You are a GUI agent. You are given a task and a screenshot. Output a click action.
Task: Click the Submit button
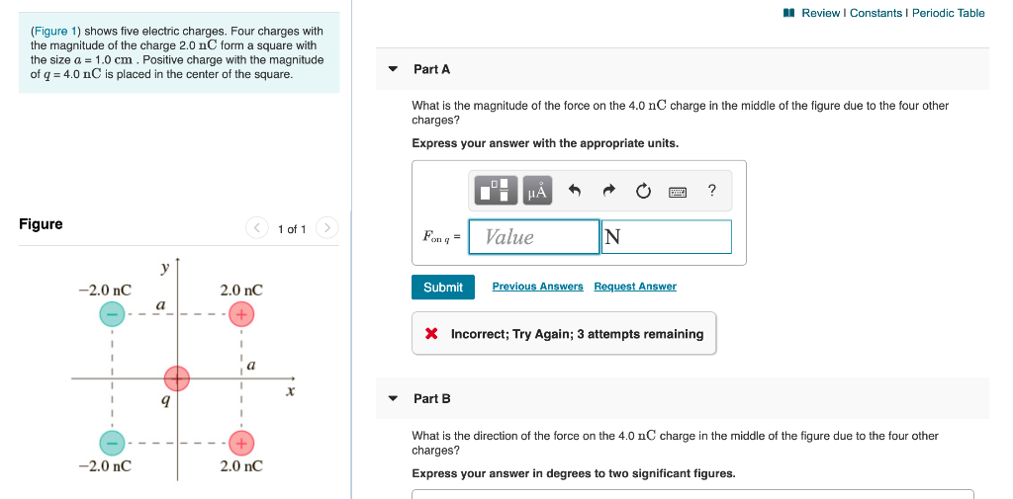442,287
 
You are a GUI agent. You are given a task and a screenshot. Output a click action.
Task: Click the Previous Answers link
537,287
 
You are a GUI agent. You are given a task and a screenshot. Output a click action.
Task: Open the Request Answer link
635,287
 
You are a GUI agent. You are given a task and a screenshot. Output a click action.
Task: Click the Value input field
534,237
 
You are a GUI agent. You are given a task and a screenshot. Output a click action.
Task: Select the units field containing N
666,237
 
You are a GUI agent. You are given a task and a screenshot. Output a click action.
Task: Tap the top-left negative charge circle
112,314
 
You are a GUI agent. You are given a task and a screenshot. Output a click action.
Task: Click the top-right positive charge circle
241,314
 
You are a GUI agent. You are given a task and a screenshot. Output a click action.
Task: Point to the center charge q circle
177,378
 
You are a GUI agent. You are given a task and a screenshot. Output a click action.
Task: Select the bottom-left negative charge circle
112,442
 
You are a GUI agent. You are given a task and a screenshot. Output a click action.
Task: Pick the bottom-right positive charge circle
241,442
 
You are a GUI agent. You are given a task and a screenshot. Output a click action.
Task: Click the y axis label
165,268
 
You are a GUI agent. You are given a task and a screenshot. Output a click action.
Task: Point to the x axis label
290,391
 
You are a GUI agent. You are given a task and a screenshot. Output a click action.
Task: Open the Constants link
875,13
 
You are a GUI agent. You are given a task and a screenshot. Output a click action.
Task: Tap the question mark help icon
712,191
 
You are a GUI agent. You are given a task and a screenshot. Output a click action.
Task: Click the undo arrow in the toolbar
574,191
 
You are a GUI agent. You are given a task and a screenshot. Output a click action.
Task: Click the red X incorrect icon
431,334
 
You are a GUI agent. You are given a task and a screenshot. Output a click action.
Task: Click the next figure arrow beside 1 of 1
328,228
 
